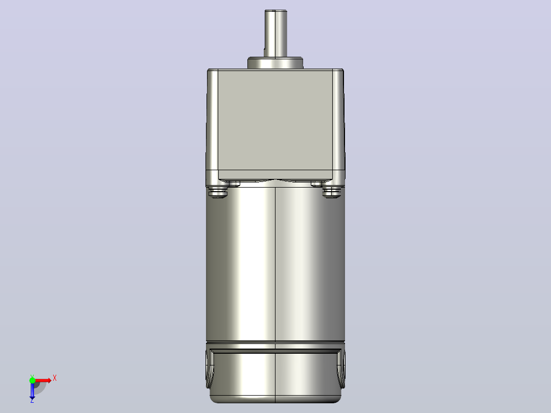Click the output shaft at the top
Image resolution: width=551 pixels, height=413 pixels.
point(275,33)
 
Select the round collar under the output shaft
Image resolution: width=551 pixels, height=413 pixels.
point(275,63)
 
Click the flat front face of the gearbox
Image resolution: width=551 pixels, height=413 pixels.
point(275,120)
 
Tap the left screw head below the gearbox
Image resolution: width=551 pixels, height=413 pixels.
point(218,192)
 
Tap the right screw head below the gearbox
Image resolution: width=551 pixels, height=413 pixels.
point(332,192)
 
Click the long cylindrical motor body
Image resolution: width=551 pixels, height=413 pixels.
point(275,264)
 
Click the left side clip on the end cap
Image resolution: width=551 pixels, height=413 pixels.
point(210,369)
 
